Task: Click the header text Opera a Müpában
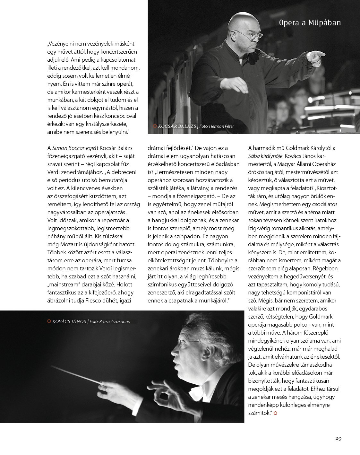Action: click(310, 23)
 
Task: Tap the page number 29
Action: click(338, 438)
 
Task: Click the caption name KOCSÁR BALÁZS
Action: click(177, 127)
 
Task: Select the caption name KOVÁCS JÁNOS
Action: click(69, 321)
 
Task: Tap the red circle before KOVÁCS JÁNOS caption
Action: click(49, 321)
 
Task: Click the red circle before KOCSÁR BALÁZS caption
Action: click(155, 126)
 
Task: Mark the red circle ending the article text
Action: click(275, 413)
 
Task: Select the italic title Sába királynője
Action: click(265, 156)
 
